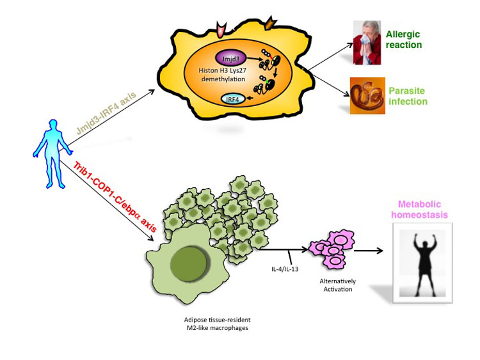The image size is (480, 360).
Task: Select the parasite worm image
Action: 367,95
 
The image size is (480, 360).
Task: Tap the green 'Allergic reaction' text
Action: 404,39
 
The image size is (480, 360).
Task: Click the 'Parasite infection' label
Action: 406,96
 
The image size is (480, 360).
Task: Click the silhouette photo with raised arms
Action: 422,263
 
